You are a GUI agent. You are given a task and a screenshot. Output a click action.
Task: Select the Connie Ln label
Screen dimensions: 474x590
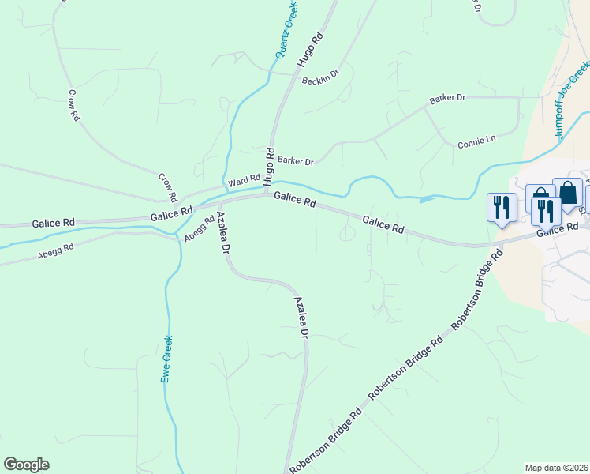point(476,141)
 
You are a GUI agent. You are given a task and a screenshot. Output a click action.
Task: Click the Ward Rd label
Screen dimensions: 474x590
point(244,182)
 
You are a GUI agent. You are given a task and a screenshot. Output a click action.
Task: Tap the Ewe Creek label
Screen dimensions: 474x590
point(167,359)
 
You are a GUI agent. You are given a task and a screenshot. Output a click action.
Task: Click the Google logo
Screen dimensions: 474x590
point(26,465)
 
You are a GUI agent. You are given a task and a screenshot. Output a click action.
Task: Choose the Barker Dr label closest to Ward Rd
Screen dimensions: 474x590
point(295,161)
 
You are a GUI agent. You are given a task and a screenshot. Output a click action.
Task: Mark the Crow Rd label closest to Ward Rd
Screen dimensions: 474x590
point(169,186)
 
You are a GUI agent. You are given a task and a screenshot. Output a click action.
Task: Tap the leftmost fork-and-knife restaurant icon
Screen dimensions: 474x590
point(501,208)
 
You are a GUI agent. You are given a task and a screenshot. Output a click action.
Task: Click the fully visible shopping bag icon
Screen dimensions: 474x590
point(567,193)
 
